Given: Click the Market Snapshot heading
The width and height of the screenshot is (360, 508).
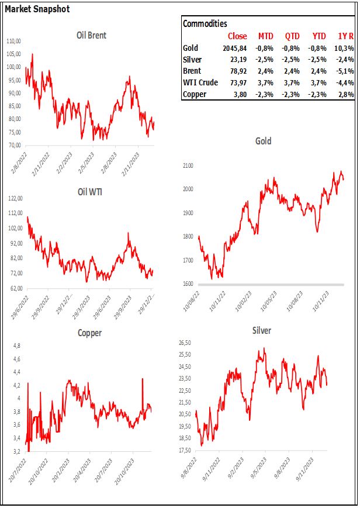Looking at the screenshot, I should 37,10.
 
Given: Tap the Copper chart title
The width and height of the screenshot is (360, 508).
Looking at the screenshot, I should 89,333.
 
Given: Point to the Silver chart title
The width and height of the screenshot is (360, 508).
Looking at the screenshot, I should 261,330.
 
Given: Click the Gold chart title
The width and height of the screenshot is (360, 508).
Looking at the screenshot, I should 264,141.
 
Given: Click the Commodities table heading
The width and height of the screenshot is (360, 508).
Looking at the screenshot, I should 205,23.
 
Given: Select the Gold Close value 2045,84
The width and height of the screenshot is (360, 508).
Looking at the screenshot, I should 233,48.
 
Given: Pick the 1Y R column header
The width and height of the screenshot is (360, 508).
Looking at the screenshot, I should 342,36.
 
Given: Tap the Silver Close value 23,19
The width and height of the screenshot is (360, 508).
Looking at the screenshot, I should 237,60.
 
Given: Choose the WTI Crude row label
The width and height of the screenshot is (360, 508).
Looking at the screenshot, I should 200,82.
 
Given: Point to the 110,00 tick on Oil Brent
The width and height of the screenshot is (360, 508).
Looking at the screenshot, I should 13,42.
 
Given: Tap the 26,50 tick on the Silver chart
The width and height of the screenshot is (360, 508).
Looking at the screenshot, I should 186,343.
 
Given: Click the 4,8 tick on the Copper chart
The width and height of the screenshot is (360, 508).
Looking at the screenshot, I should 17,345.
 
